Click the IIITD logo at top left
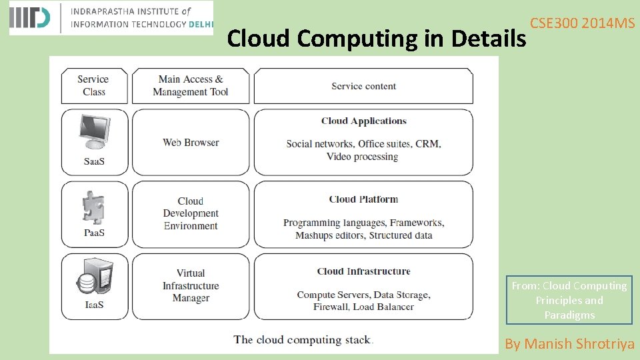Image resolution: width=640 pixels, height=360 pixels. coord(30,18)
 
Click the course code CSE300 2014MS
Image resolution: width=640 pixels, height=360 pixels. coord(582,23)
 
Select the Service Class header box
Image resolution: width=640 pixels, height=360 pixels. coord(94,85)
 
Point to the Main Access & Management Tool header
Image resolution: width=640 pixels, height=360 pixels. coord(191,85)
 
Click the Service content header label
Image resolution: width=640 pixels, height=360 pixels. coord(363,86)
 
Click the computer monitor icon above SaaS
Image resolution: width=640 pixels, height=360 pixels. coord(93,131)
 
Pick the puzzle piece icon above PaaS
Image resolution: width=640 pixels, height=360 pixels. coord(93,207)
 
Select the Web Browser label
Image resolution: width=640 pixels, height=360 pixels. coord(191,142)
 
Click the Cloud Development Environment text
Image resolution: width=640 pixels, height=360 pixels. coord(191,213)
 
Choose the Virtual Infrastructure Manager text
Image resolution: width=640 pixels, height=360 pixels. coord(191,285)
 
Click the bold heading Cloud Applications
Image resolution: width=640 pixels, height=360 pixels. coord(363,121)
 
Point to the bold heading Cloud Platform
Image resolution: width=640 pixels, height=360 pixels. coord(363,199)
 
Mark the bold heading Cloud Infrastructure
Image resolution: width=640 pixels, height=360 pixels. coord(363,271)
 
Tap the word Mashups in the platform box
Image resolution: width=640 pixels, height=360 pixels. coord(314,235)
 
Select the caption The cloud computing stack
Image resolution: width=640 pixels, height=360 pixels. coord(303,340)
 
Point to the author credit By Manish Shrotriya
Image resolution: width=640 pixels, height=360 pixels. coord(569,344)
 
